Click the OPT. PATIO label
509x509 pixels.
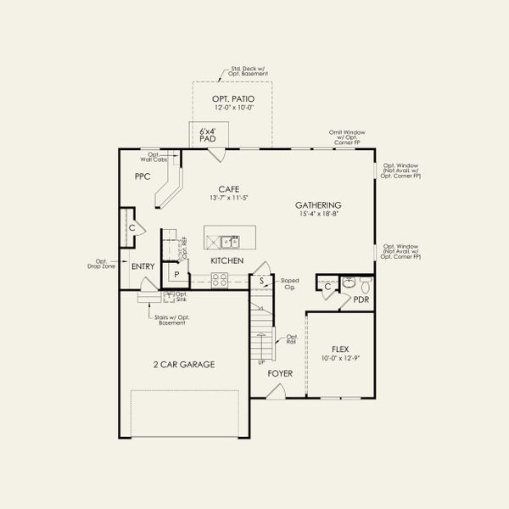pyautogui.click(x=232, y=99)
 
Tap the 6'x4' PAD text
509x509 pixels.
pyautogui.click(x=207, y=135)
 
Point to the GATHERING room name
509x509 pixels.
pyautogui.click(x=318, y=205)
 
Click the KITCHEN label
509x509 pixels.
pyautogui.click(x=227, y=260)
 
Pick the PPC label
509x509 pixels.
pyautogui.click(x=142, y=176)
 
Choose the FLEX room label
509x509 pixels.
pyautogui.click(x=340, y=349)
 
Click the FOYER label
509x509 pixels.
pyautogui.click(x=280, y=372)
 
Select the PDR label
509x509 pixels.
pyautogui.click(x=361, y=299)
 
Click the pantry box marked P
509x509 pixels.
pyautogui.click(x=176, y=275)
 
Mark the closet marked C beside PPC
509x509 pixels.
pyautogui.click(x=132, y=228)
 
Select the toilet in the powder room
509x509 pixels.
pyautogui.click(x=366, y=282)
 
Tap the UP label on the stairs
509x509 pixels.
pyautogui.click(x=261, y=362)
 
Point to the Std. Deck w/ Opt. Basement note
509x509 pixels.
pyautogui.click(x=249, y=71)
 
